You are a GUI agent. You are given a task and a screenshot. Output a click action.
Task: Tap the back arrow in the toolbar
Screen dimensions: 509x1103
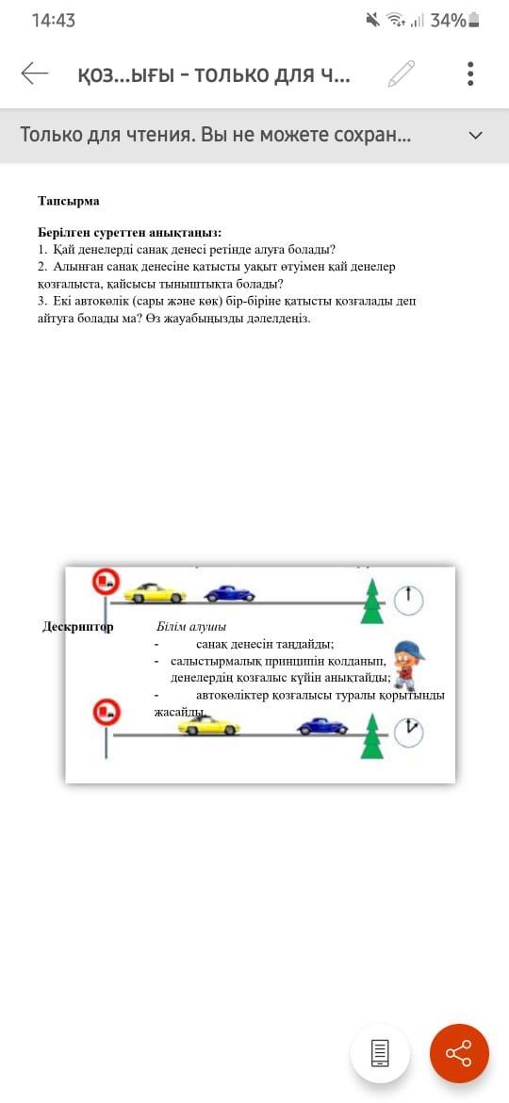click(x=35, y=74)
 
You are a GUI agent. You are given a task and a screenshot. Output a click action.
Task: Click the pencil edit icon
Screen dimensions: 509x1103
click(x=402, y=74)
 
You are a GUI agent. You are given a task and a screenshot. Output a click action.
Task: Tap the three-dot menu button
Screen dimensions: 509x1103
click(x=470, y=74)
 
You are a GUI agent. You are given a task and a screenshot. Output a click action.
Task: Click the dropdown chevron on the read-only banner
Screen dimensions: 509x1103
click(x=476, y=135)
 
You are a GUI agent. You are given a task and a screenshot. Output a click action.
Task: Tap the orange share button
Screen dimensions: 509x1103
click(x=459, y=1053)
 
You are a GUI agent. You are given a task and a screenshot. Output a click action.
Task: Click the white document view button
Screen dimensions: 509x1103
click(x=380, y=1053)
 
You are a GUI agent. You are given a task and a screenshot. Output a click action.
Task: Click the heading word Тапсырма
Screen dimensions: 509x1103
click(x=68, y=201)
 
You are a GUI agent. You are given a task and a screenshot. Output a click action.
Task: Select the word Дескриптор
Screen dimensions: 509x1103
click(x=78, y=627)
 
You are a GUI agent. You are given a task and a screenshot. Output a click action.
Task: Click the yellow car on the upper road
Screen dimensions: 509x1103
click(x=155, y=593)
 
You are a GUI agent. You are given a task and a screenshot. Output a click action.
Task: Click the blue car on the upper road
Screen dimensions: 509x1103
click(x=229, y=594)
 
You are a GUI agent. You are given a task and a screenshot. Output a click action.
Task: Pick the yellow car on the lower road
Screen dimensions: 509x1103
click(x=209, y=725)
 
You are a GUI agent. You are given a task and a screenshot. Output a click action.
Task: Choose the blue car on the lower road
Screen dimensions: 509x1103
click(x=322, y=726)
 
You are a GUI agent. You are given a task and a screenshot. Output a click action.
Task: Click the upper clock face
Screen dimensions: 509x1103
click(x=408, y=600)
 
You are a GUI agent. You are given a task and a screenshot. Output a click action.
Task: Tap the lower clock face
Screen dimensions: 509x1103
click(x=408, y=733)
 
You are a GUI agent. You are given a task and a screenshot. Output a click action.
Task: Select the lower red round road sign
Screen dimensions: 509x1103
click(x=107, y=712)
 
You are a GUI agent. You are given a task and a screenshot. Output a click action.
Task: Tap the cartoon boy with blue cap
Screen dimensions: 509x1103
click(x=406, y=664)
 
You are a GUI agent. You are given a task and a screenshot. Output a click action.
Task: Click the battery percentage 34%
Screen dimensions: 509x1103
click(x=448, y=21)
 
